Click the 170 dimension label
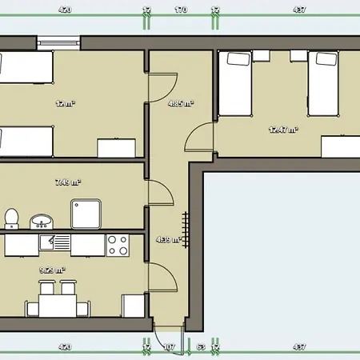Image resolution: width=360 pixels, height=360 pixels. tap(180, 10)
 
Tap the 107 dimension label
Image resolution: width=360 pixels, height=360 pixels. tap(169, 347)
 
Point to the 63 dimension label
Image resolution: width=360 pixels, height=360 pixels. tap(201, 347)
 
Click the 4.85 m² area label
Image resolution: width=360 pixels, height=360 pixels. tap(180, 103)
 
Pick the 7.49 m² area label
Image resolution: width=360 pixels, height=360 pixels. tap(69, 182)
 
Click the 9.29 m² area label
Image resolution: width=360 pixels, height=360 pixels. tap(52, 270)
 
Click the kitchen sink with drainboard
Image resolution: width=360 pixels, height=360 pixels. tap(52, 241)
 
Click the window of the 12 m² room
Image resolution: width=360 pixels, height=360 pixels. tap(58, 42)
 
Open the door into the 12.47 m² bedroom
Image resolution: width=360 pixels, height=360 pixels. tap(198, 138)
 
